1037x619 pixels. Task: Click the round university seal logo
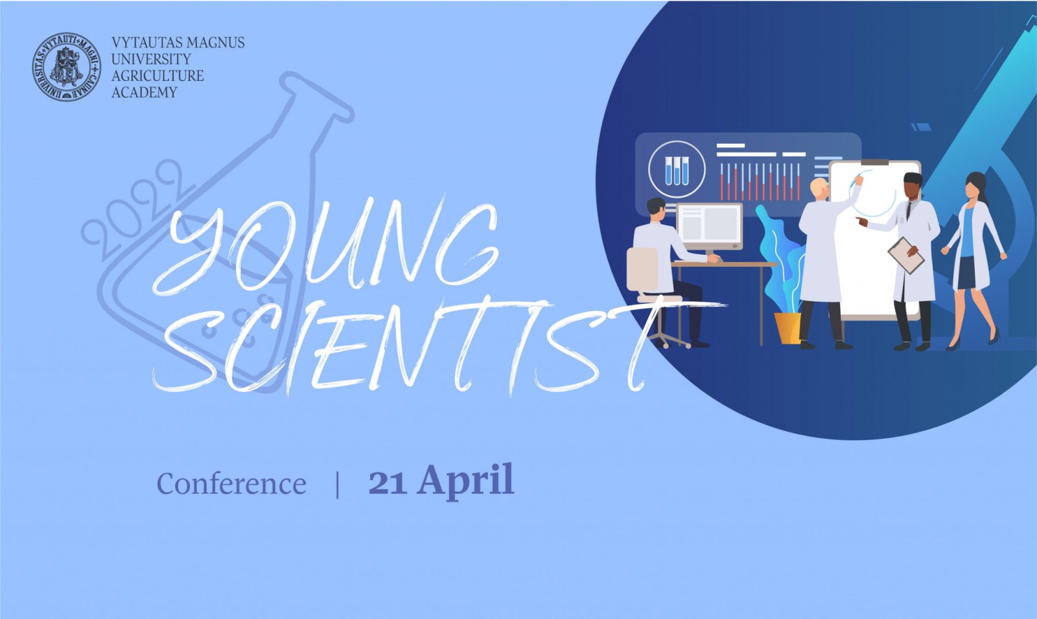[x=66, y=67]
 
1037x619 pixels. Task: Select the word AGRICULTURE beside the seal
[x=157, y=75]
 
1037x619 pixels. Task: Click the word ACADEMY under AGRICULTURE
[x=144, y=92]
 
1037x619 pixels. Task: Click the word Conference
[x=231, y=484]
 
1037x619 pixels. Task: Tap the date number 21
[x=388, y=482]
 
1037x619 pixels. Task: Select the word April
[x=466, y=482]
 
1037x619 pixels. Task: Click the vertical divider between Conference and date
[x=338, y=484]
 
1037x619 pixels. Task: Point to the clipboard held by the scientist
[x=906, y=255]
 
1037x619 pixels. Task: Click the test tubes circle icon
[x=677, y=169]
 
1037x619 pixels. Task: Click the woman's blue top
[x=967, y=233]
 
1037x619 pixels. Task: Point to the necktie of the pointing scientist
[x=909, y=210]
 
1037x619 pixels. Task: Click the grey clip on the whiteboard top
[x=874, y=162]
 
